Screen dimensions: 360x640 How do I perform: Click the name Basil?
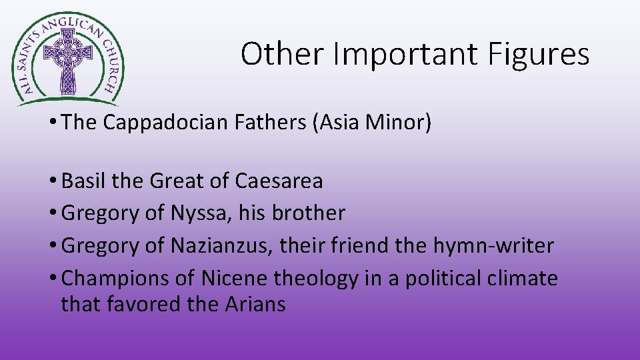point(83,181)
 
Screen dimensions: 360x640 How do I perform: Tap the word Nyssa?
point(198,213)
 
